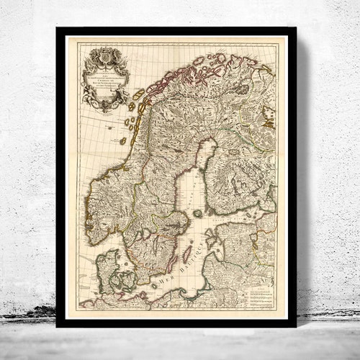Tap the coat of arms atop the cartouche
pyautogui.click(x=105, y=53)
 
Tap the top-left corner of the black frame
pyautogui.click(x=58, y=29)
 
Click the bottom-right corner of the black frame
pyautogui.click(x=295, y=326)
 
